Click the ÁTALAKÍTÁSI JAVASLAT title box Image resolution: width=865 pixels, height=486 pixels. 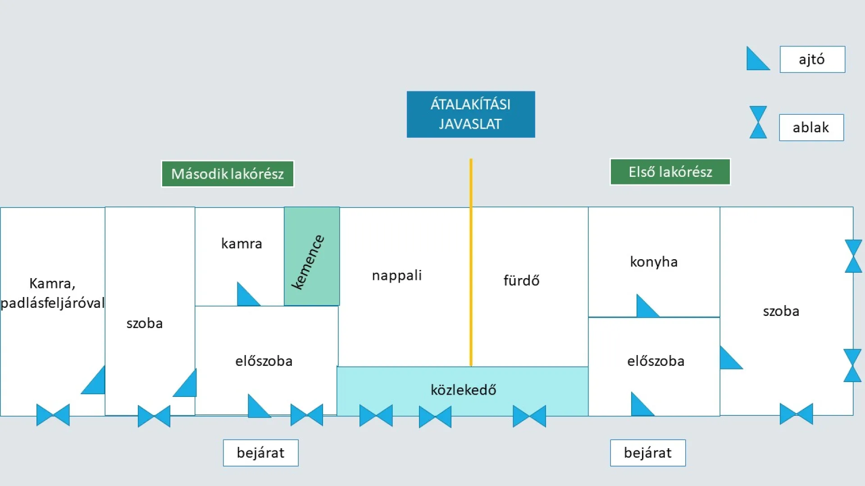[x=471, y=114]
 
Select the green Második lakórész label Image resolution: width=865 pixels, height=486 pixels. [x=228, y=174]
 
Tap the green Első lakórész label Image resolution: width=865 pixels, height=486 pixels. [x=670, y=172]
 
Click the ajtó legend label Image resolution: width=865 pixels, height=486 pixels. [x=812, y=59]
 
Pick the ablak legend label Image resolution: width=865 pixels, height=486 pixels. [x=811, y=128]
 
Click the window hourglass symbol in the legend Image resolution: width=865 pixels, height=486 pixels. [x=758, y=122]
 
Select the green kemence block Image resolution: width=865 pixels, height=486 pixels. [x=312, y=256]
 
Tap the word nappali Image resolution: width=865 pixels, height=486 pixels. [x=396, y=275]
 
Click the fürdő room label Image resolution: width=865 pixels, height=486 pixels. [x=521, y=281]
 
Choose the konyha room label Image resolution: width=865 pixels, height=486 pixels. [x=654, y=262]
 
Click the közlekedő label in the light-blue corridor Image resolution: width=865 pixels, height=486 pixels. [x=463, y=390]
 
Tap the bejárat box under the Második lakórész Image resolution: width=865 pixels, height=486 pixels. [x=260, y=453]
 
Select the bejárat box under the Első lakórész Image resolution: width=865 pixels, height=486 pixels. [x=648, y=453]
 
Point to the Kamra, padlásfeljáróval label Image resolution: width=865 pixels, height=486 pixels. [x=52, y=293]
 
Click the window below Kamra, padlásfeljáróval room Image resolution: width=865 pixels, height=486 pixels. [x=53, y=414]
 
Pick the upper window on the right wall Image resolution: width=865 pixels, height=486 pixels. [x=853, y=256]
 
